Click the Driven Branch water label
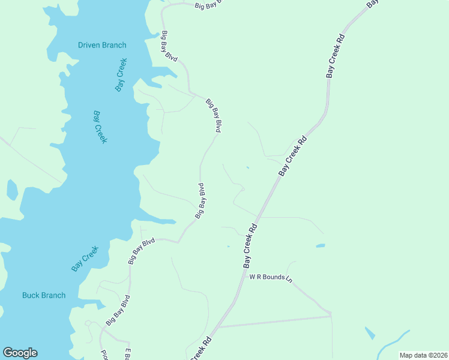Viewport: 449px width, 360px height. click(x=102, y=45)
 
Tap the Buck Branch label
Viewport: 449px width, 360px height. click(x=44, y=295)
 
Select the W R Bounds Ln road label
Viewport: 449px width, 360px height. click(x=271, y=278)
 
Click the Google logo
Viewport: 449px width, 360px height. click(x=20, y=353)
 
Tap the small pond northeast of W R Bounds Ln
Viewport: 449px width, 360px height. click(x=321, y=245)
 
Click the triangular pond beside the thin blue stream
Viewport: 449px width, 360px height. click(x=370, y=333)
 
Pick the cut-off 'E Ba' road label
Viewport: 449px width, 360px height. click(x=127, y=354)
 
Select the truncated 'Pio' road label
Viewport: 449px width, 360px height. click(x=103, y=355)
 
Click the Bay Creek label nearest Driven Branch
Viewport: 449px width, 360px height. click(x=121, y=77)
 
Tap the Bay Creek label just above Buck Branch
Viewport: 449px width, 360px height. click(x=85, y=259)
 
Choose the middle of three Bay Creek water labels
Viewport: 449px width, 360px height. click(x=100, y=127)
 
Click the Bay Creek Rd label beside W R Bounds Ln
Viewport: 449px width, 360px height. click(x=250, y=245)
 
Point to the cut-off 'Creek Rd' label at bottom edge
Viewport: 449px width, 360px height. click(x=200, y=349)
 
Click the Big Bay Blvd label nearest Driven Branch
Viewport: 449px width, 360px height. click(x=169, y=46)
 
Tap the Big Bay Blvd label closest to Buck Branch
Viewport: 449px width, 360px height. click(x=117, y=310)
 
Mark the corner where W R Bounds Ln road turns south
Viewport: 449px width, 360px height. click(x=330, y=314)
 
